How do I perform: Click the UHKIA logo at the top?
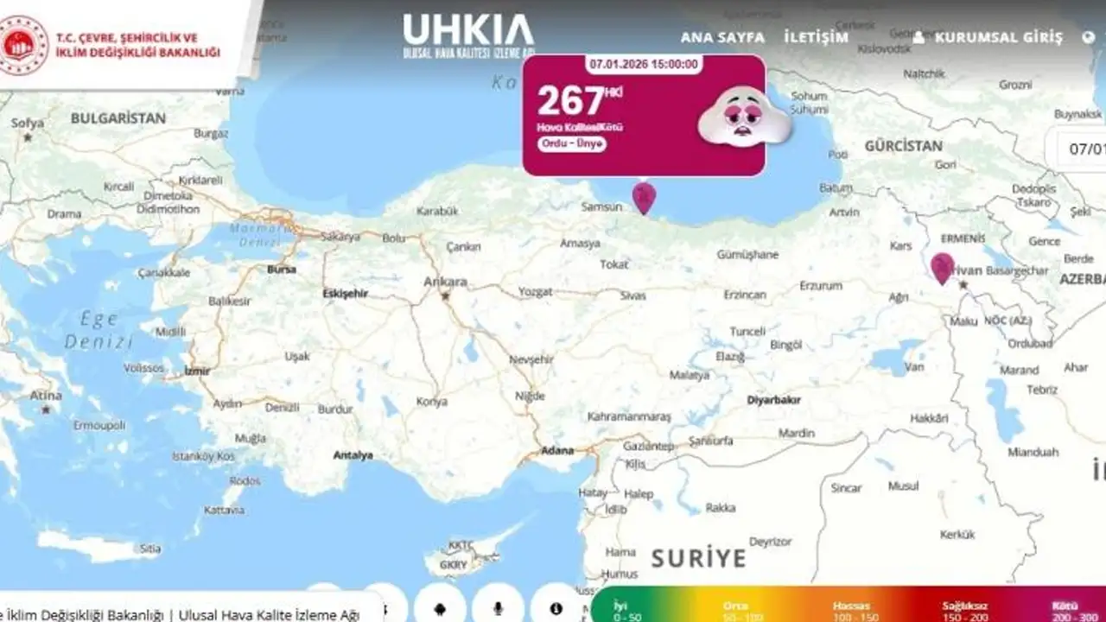(468, 35)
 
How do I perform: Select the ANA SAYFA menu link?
(722, 37)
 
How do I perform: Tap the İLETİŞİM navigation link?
(816, 37)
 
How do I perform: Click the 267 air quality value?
(570, 100)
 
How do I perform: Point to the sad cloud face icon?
(743, 117)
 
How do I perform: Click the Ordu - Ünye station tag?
(572, 144)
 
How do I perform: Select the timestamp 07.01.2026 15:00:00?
(644, 64)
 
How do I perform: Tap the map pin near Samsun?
(644, 198)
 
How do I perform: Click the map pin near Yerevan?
(942, 268)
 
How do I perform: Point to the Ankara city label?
(445, 282)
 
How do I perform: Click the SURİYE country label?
(698, 558)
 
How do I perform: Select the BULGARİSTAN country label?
(118, 117)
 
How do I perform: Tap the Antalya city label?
(353, 455)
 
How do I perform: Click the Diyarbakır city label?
(773, 400)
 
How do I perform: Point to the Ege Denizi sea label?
(98, 330)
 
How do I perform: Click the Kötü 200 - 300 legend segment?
(1075, 611)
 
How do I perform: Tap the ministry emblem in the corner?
(24, 45)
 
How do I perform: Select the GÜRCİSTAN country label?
(903, 146)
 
